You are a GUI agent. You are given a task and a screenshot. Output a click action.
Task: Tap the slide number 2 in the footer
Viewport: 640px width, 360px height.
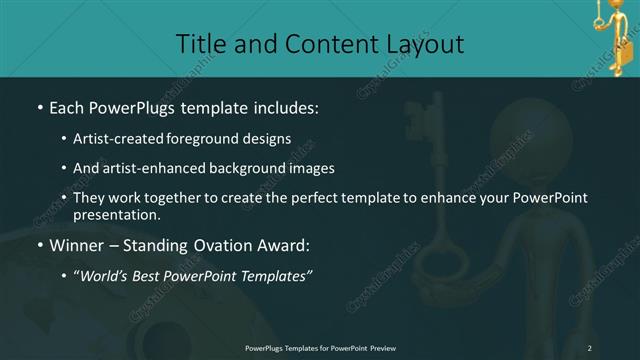pyautogui.click(x=590, y=347)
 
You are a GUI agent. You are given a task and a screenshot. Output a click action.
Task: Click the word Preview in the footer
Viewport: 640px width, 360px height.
pyautogui.click(x=377, y=347)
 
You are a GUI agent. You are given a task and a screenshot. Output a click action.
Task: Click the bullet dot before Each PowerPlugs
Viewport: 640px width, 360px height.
pyautogui.click(x=38, y=107)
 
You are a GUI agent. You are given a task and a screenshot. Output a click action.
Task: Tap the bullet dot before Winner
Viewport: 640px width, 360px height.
pyautogui.click(x=38, y=244)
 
